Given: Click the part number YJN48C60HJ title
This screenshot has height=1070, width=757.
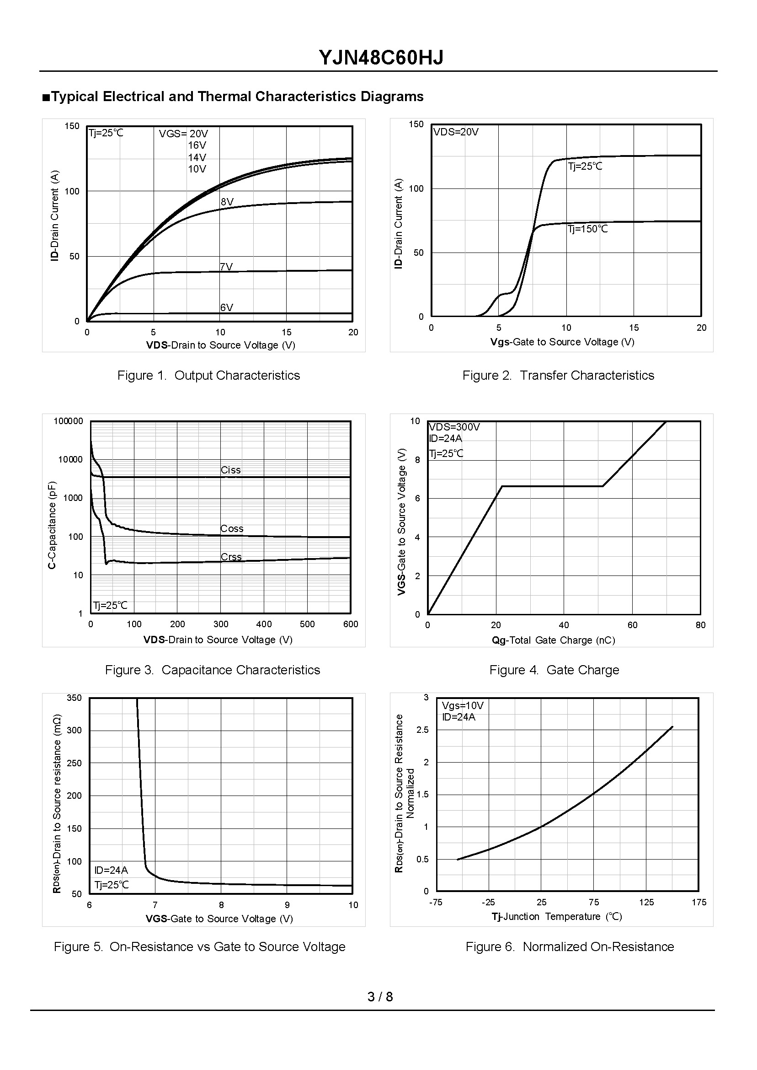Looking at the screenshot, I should (x=381, y=58).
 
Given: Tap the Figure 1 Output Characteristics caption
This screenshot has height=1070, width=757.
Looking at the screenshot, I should (x=208, y=376).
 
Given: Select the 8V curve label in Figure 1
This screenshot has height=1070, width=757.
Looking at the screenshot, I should (x=227, y=202).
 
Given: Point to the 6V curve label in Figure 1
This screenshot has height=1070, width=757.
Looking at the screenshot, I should (x=227, y=307).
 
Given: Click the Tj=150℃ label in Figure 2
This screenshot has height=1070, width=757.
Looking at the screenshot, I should (x=588, y=229).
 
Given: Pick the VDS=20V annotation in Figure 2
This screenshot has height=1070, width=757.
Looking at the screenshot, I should (x=456, y=132).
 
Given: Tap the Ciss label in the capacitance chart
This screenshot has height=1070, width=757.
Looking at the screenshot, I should (x=231, y=470).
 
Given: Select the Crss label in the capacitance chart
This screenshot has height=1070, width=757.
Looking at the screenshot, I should (x=231, y=557).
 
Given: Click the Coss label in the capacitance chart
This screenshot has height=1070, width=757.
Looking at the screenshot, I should (x=232, y=529).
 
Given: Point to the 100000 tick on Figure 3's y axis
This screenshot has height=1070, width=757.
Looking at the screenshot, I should (x=68, y=421).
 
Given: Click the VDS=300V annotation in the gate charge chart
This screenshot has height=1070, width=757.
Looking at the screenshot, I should (x=454, y=427).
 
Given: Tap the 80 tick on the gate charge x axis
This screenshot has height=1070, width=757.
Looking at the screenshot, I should (x=701, y=625).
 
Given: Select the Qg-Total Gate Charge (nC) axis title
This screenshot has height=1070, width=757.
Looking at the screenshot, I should (x=553, y=640).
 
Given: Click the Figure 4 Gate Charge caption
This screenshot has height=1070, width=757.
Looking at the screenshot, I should (x=554, y=670).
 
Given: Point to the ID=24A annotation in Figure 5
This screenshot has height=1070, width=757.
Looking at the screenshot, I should (x=111, y=871).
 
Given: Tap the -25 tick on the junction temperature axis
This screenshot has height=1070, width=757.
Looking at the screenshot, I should (x=488, y=903).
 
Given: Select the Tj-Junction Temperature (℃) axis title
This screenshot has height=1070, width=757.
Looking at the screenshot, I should (x=557, y=917).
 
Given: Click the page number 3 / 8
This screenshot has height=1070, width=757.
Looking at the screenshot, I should (x=380, y=997).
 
